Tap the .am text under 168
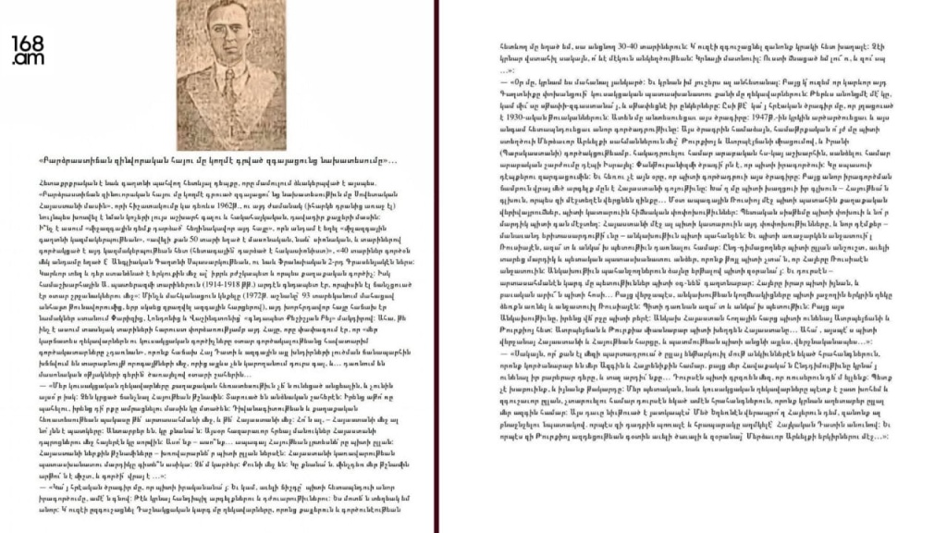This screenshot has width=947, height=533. tap(24, 59)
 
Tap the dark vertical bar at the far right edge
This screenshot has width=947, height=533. tap(941, 266)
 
